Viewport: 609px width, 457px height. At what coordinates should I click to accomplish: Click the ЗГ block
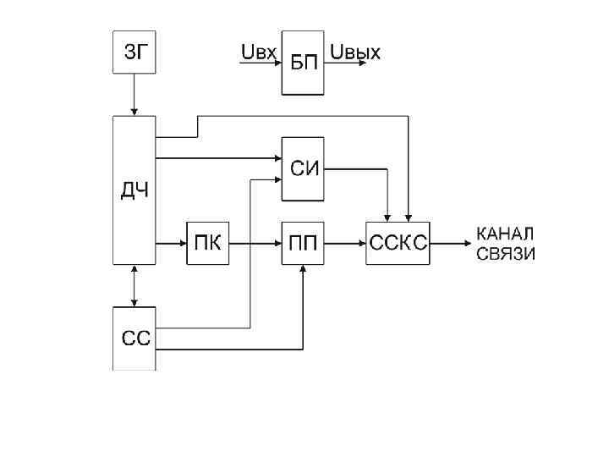coord(134,53)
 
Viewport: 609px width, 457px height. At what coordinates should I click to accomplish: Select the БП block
coord(303,63)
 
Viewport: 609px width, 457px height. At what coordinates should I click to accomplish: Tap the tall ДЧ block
coord(134,190)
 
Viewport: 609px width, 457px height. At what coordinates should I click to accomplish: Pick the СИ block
coord(303,168)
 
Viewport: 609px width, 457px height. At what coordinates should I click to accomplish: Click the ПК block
coord(208,244)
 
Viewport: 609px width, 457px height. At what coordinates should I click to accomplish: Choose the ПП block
coord(303,244)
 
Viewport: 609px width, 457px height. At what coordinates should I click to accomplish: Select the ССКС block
coord(398,244)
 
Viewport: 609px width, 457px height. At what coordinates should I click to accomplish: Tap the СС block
coord(134,339)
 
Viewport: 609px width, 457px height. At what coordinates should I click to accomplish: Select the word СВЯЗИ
coord(506,253)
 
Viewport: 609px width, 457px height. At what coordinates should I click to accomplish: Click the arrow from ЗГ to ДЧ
coord(134,96)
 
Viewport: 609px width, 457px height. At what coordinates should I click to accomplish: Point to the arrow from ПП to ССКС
coord(345,244)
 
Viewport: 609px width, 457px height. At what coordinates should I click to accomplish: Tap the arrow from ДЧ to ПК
coord(171,244)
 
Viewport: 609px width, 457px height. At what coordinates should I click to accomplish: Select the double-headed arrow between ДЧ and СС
coord(134,285)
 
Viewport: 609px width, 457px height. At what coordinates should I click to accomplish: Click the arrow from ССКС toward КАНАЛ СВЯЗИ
coord(450,244)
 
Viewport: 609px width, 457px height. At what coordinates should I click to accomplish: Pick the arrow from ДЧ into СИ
coord(218,157)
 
